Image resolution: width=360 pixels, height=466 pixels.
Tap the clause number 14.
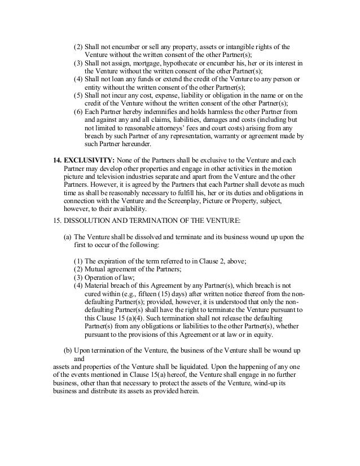(x=56, y=161)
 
